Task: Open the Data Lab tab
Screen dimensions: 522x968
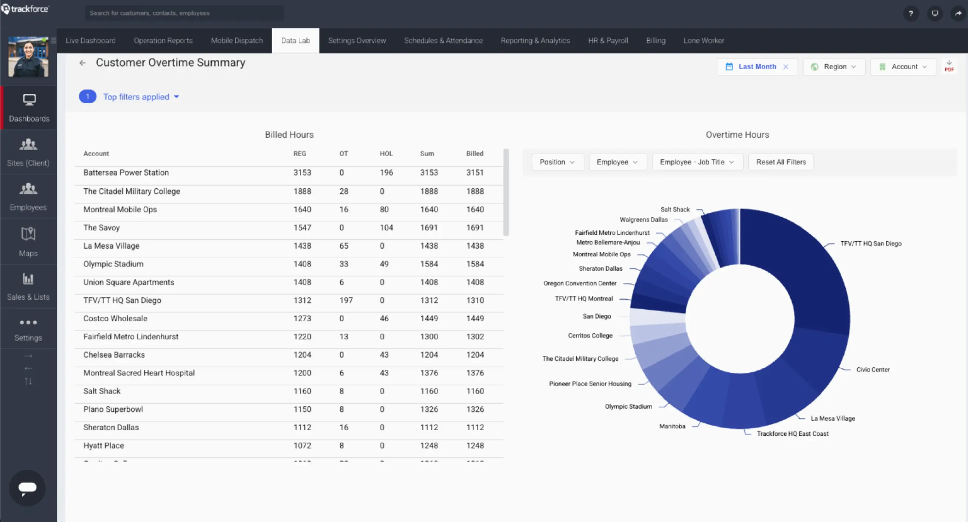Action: [x=295, y=40]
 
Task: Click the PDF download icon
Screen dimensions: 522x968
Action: [x=949, y=66]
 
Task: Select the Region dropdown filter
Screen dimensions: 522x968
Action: [x=834, y=67]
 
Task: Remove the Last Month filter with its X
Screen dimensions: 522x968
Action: [x=786, y=67]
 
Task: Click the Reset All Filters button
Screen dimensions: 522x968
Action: [x=781, y=162]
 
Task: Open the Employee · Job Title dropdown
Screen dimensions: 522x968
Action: [x=697, y=162]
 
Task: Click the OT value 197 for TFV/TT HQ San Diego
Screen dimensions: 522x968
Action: [x=346, y=300]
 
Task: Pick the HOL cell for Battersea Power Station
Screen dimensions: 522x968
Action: [x=386, y=173]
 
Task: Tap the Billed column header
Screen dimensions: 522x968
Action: [x=475, y=154]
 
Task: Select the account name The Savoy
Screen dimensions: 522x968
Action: [x=101, y=228]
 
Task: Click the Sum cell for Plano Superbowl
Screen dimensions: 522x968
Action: [x=429, y=409]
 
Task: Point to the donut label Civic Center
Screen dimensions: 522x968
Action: [x=873, y=370]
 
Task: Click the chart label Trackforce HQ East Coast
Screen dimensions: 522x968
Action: [x=793, y=434]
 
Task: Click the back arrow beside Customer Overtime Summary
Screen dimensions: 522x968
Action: [x=82, y=63]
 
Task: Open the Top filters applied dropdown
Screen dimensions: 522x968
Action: [x=141, y=97]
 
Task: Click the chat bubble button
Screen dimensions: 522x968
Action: [x=27, y=488]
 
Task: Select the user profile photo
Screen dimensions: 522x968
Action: [x=28, y=57]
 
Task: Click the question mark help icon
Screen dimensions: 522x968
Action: [x=911, y=14]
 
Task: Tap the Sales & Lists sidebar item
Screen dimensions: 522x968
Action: [x=28, y=287]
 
